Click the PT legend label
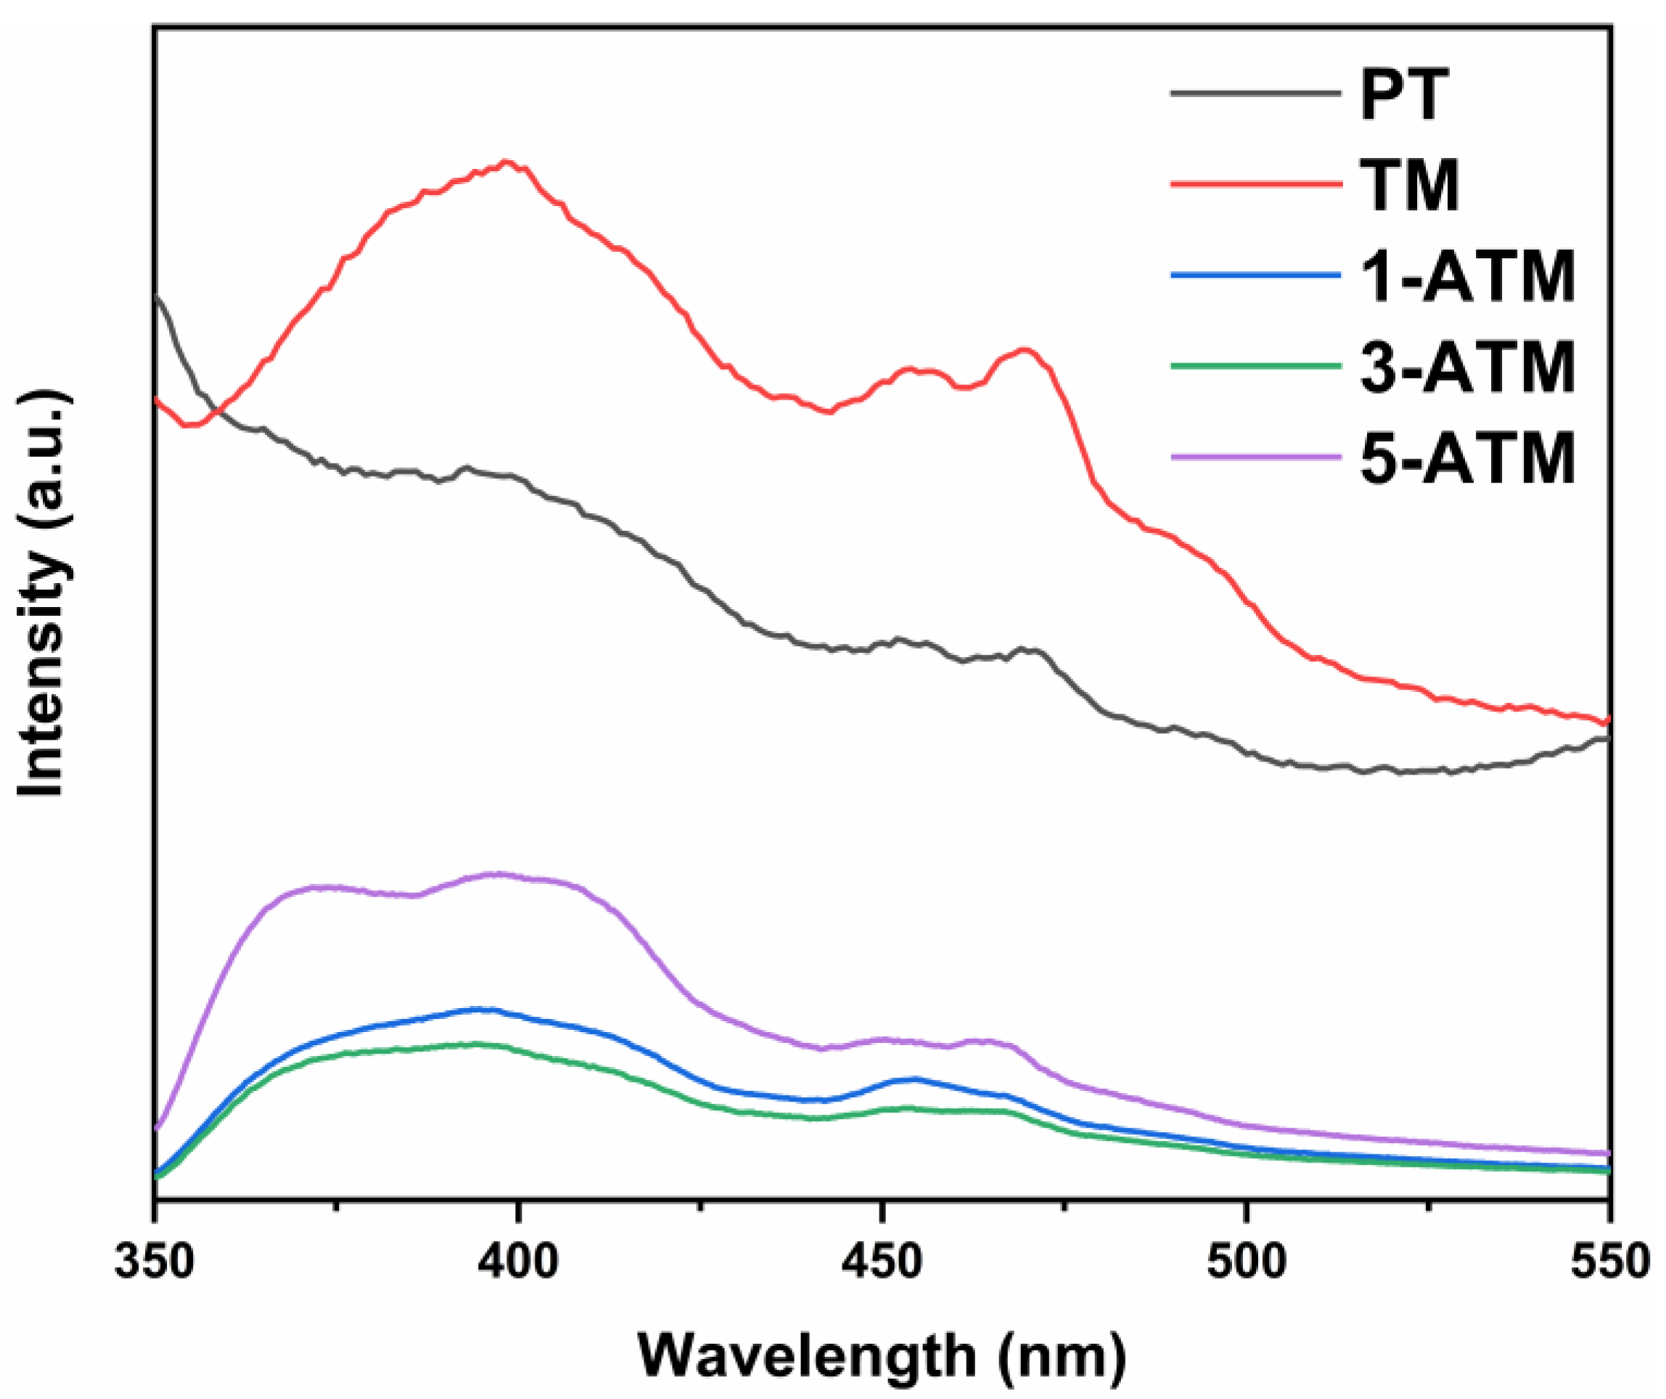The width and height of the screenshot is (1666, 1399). pyautogui.click(x=1405, y=95)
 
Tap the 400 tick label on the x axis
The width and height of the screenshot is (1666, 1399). pyautogui.click(x=518, y=1261)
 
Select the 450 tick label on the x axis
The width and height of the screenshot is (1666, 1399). pyautogui.click(x=882, y=1261)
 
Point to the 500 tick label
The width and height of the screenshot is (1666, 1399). pyautogui.click(x=1246, y=1261)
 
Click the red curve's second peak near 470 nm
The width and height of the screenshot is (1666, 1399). pyautogui.click(x=1026, y=350)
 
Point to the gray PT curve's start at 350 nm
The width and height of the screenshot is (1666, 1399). pyautogui.click(x=157, y=297)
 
